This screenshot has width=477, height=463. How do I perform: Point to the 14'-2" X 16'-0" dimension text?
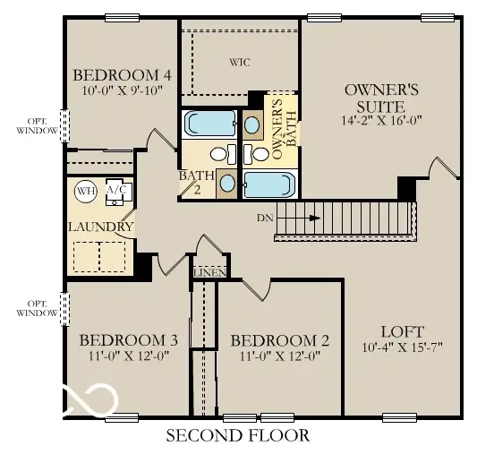click(381, 120)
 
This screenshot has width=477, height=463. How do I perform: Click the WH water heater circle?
click(85, 190)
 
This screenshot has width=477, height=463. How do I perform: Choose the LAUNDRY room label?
click(100, 227)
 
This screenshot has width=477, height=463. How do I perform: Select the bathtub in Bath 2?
click(208, 124)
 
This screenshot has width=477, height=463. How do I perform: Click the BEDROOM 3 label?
click(128, 340)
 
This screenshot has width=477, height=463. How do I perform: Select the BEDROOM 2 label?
click(280, 340)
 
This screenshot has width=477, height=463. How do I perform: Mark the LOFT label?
click(402, 330)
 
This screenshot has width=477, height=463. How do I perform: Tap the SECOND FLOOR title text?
click(238, 436)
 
